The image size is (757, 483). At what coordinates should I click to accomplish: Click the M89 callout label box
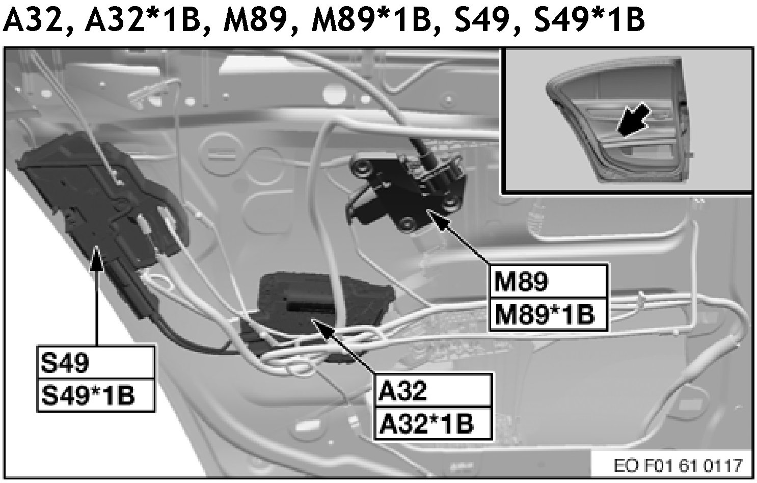(549, 281)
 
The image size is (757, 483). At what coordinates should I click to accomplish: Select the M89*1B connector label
(549, 314)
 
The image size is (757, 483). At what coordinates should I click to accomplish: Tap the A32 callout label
(434, 391)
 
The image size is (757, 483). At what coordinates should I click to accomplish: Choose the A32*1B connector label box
(434, 423)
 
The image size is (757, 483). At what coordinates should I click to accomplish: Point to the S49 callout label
(95, 363)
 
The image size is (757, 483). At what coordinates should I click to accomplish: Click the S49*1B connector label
(95, 395)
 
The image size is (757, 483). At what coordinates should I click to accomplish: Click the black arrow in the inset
(631, 120)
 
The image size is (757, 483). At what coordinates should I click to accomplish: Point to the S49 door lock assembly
(97, 204)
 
